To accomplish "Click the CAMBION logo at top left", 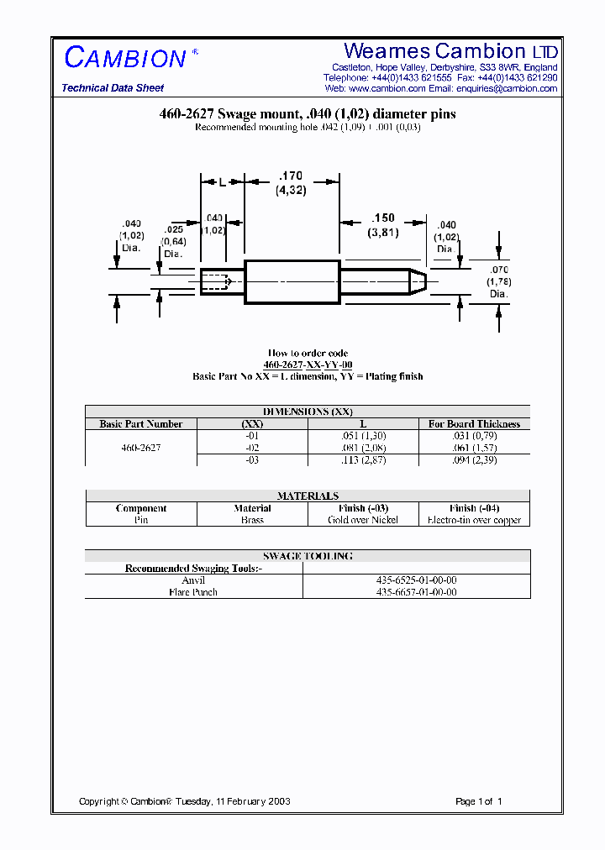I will (x=126, y=57).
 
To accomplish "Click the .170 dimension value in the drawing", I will (x=290, y=176).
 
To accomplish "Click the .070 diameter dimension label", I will (x=499, y=270).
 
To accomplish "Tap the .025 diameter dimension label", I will (x=174, y=229).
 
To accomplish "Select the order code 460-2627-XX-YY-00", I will (x=308, y=365).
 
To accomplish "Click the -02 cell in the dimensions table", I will (x=252, y=448).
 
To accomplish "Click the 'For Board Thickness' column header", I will (x=474, y=424).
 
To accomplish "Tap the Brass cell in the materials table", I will (x=252, y=520).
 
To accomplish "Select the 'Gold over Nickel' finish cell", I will (x=363, y=520).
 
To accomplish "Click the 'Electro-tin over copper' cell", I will (x=474, y=520).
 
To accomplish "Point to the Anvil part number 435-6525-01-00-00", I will (x=417, y=580).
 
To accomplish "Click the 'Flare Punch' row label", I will (x=193, y=592).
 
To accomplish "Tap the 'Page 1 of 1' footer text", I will (x=478, y=801).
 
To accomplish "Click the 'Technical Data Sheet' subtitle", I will (x=113, y=88).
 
